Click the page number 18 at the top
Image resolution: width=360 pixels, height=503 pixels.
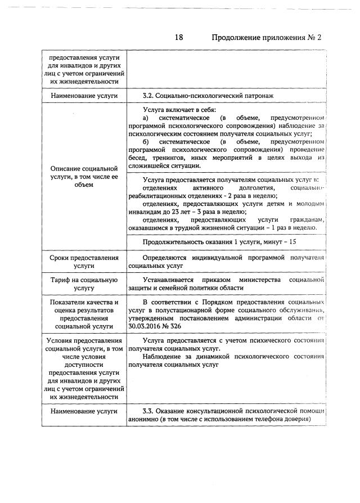[x=179, y=38]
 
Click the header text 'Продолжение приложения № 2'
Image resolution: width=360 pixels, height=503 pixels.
[x=265, y=38]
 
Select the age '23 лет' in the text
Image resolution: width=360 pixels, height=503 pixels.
[x=170, y=212]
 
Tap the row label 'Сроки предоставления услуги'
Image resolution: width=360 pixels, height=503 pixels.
[x=84, y=261]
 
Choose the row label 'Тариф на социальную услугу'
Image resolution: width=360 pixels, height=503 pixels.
[x=84, y=284]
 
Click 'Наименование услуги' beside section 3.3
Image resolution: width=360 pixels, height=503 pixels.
[x=84, y=411]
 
